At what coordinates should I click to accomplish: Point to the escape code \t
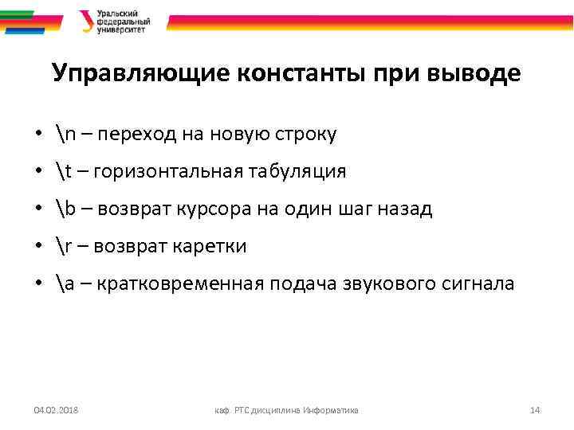click(x=65, y=172)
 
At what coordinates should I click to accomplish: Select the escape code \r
click(x=65, y=247)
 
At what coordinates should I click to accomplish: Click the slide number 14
click(x=535, y=410)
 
